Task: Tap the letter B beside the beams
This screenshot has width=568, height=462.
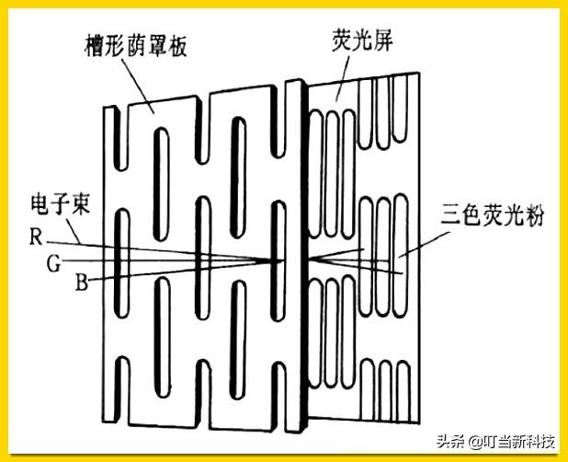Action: (x=82, y=283)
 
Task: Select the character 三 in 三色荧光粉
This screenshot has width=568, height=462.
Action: (x=438, y=222)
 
